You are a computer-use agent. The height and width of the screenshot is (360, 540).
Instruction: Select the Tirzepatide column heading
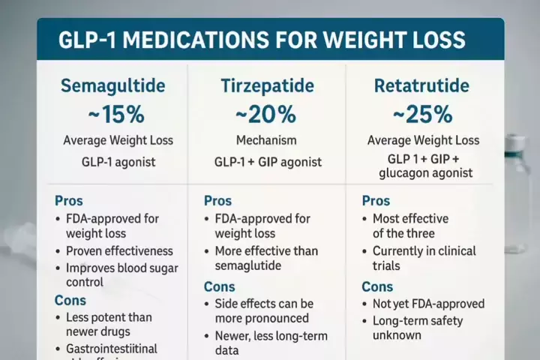tap(266, 85)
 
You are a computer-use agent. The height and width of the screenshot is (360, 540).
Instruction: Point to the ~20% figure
tap(266, 115)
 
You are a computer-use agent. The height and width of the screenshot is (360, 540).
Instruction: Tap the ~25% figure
tap(423, 115)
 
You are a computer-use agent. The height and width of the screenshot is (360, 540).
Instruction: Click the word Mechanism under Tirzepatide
tap(266, 140)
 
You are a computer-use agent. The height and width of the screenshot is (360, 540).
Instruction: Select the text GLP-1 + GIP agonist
tap(268, 162)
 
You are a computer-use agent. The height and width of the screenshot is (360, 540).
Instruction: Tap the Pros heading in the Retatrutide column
tap(376, 201)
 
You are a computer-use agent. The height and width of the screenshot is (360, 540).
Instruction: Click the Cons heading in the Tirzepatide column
tap(220, 286)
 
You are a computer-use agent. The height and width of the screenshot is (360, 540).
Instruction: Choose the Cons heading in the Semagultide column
tap(70, 300)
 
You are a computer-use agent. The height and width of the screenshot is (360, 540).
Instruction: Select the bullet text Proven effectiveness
tap(119, 251)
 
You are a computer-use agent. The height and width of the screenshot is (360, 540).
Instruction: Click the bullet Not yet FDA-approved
tap(428, 304)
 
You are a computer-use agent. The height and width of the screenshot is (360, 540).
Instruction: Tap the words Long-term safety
tap(418, 321)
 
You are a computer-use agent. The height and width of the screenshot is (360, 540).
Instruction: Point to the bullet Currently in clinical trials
tap(424, 258)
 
